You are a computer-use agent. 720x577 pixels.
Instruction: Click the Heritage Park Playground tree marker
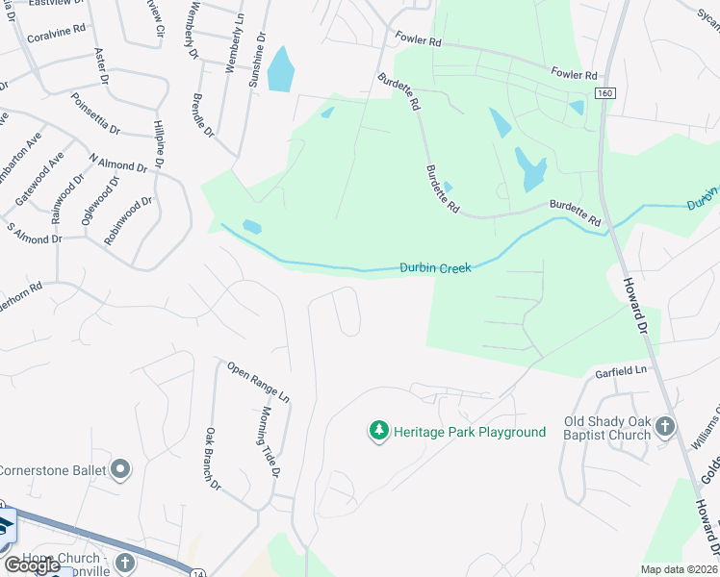pyautogui.click(x=379, y=432)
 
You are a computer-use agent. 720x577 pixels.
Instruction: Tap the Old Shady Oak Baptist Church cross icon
pyautogui.click(x=664, y=425)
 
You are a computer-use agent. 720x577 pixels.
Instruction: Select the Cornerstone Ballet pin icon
pyautogui.click(x=119, y=470)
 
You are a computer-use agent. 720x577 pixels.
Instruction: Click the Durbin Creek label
pyautogui.click(x=435, y=268)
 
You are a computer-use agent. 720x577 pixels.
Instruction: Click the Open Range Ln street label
pyautogui.click(x=258, y=380)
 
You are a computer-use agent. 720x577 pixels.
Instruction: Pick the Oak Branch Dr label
pyautogui.click(x=213, y=460)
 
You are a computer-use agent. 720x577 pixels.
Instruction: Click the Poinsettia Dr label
pyautogui.click(x=95, y=114)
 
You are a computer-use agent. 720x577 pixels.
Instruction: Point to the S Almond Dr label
pyautogui.click(x=35, y=232)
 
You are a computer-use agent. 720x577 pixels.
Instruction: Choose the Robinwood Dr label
pyautogui.click(x=129, y=220)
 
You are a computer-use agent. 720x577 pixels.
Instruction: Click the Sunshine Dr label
pyautogui.click(x=257, y=60)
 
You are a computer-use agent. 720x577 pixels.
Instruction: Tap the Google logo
pyautogui.click(x=32, y=565)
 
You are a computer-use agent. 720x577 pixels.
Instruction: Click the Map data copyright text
pyautogui.click(x=680, y=569)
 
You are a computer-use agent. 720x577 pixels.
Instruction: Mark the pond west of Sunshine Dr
pyautogui.click(x=279, y=69)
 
